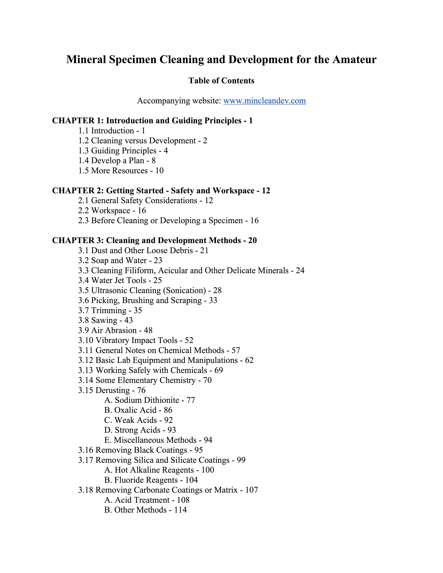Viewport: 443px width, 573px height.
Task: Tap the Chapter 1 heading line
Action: point(152,121)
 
